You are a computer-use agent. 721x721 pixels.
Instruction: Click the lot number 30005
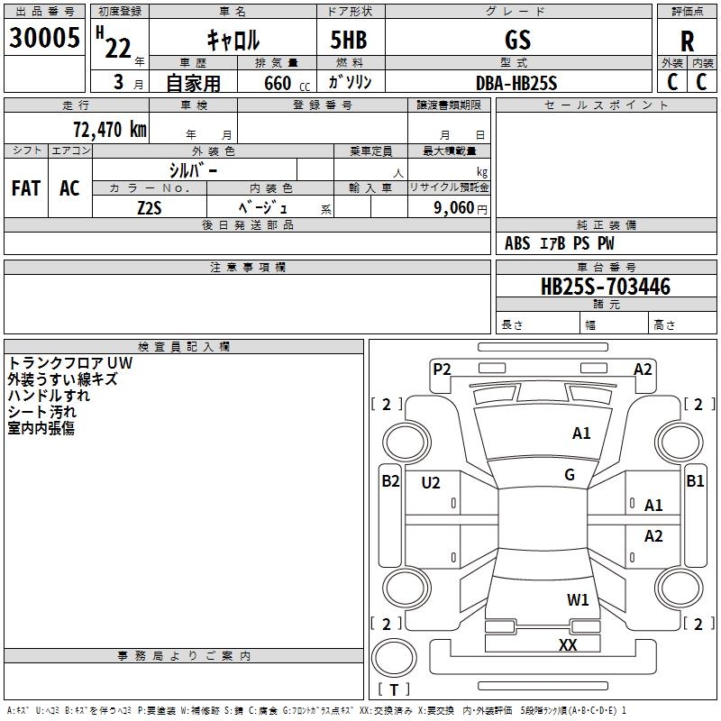(x=44, y=37)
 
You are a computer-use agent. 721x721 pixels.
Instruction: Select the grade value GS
(x=517, y=40)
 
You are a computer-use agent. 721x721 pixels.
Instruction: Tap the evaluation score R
(x=687, y=41)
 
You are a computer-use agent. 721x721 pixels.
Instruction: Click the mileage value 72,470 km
(x=110, y=129)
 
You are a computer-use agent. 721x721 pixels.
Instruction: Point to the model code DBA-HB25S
(x=516, y=83)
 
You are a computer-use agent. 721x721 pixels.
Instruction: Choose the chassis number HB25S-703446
(x=606, y=287)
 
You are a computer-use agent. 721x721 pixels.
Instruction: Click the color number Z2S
(x=150, y=208)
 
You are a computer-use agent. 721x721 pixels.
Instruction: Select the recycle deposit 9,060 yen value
(x=461, y=208)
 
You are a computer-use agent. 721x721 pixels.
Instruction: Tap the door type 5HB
(x=349, y=40)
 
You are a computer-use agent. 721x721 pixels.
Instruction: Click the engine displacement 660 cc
(x=287, y=83)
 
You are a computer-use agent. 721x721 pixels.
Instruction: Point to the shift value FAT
(x=26, y=188)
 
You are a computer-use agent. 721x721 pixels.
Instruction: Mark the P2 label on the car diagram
(x=442, y=369)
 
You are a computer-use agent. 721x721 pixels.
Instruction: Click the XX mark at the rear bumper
(x=568, y=644)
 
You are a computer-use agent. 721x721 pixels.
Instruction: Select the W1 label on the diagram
(x=578, y=599)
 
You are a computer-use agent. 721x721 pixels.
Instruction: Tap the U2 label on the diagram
(x=431, y=482)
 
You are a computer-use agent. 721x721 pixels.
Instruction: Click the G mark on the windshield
(x=570, y=475)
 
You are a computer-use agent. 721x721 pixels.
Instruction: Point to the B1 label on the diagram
(x=695, y=481)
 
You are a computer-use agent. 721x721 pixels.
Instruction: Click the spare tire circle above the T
(x=394, y=658)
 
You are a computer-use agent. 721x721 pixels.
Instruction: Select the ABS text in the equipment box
(x=517, y=243)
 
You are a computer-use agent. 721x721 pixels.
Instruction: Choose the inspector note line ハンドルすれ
(x=49, y=396)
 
